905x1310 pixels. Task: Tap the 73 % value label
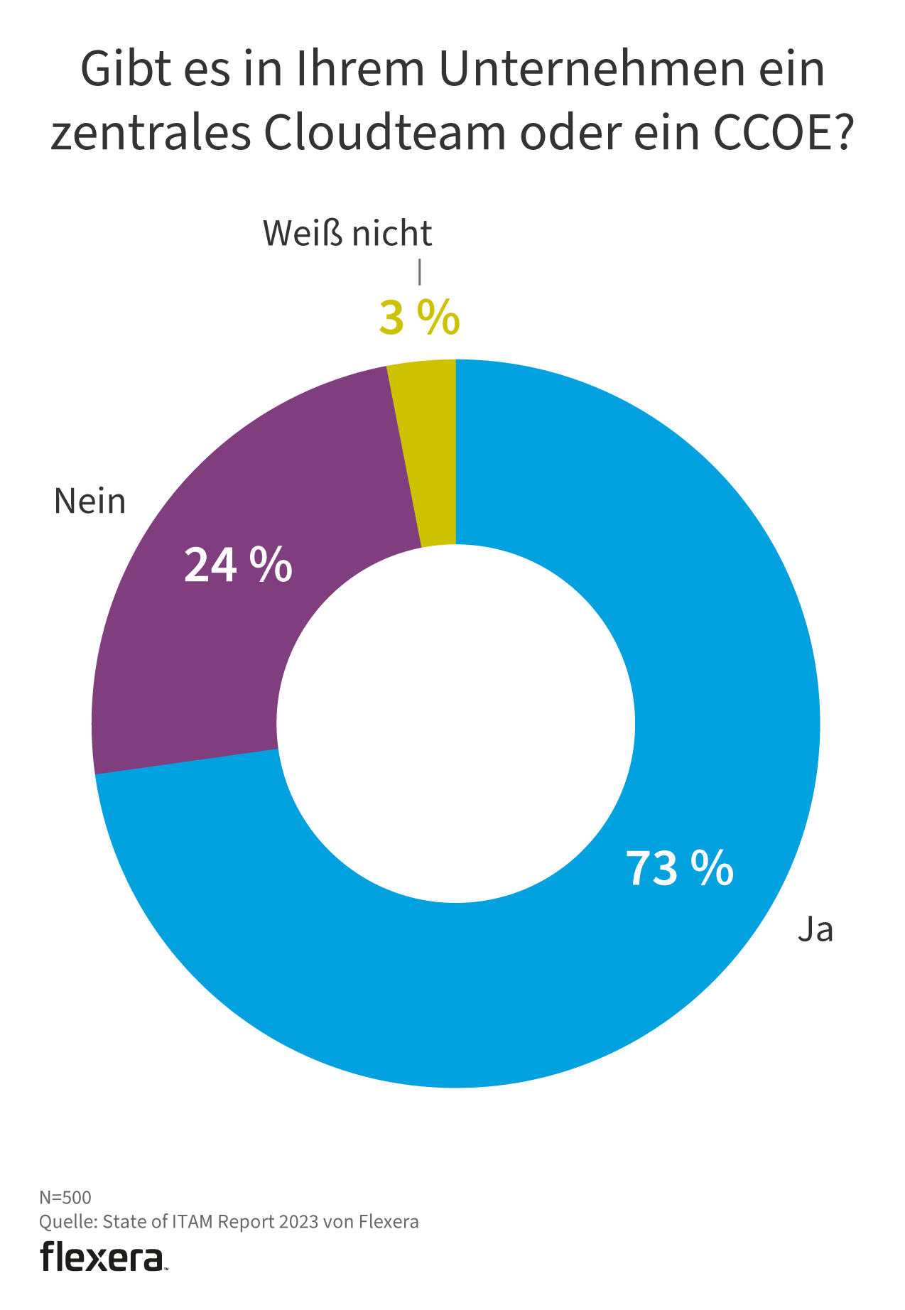(x=679, y=868)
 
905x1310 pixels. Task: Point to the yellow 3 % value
(x=419, y=318)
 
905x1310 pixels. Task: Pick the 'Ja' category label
(x=815, y=929)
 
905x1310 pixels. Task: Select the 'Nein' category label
(x=90, y=502)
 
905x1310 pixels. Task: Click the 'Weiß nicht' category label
(x=347, y=234)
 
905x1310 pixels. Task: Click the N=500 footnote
(x=65, y=1197)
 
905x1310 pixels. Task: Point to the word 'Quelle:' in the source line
(x=68, y=1221)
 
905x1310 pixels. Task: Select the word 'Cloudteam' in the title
(x=385, y=133)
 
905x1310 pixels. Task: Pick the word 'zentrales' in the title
(x=151, y=133)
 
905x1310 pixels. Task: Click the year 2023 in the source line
(x=298, y=1221)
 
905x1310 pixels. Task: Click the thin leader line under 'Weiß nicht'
(x=420, y=272)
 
